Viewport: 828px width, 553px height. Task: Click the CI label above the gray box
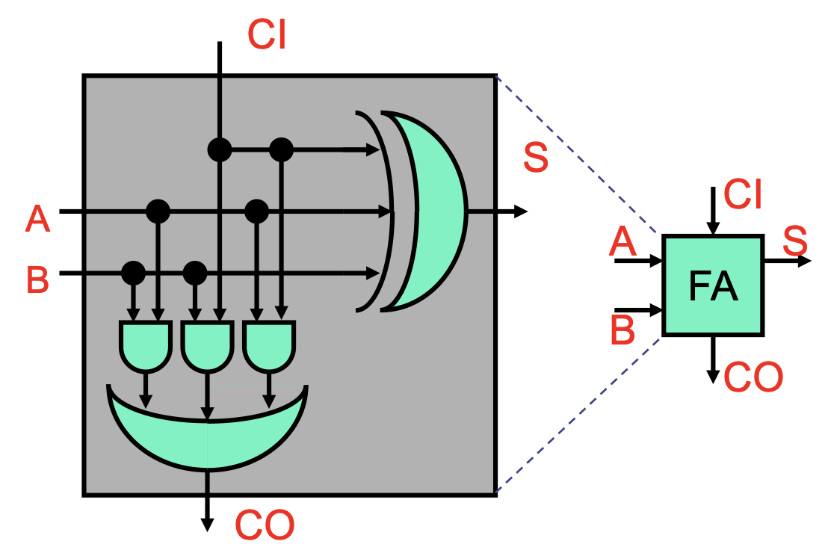267,34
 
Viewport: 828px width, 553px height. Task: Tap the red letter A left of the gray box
37,219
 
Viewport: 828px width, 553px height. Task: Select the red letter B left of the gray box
37,279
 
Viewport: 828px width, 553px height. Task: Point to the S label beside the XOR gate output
536,157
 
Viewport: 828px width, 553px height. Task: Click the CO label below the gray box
265,525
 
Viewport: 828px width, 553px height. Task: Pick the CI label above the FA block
743,194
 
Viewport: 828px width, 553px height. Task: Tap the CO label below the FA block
753,377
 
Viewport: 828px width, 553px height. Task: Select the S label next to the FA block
795,241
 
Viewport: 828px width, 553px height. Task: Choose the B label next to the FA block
622,330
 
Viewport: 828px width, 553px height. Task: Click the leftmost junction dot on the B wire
133,273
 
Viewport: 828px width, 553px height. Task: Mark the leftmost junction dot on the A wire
158,211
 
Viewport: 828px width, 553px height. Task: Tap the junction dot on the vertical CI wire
220,149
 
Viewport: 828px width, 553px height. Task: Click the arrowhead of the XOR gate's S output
520,211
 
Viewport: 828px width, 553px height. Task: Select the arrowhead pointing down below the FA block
713,376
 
